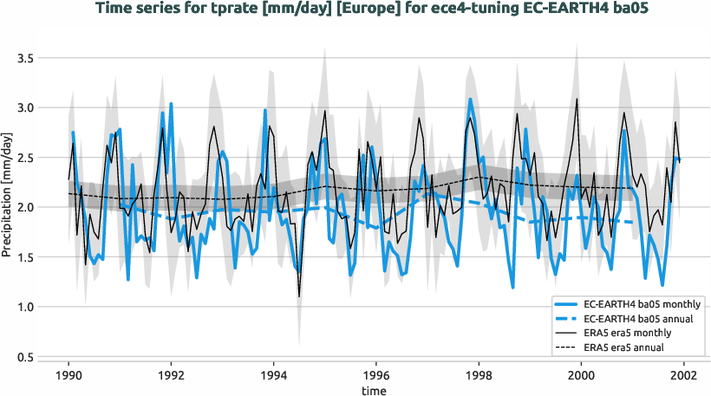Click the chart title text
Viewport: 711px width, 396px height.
tap(355, 9)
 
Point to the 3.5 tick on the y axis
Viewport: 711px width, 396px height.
tap(25, 58)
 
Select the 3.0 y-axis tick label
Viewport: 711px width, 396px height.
tap(25, 108)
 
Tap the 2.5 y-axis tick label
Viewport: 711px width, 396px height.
tap(25, 158)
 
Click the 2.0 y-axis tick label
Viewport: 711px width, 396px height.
tap(25, 208)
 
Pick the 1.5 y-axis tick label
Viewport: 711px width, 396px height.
tap(25, 257)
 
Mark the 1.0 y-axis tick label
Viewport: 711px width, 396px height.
tap(25, 308)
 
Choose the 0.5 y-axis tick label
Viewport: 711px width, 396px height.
tap(25, 357)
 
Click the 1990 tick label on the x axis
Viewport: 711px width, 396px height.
tap(68, 377)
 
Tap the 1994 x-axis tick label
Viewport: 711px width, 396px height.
tap(273, 377)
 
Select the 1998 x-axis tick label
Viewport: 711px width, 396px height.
tap(479, 377)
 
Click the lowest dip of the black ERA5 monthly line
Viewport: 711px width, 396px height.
tap(299, 296)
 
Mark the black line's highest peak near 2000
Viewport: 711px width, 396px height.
tap(577, 99)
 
